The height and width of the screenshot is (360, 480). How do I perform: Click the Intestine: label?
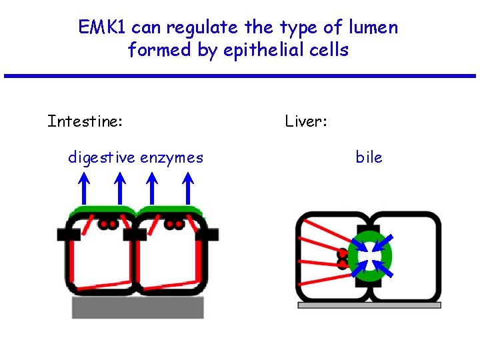[x=85, y=121]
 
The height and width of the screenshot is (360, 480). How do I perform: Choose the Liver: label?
[x=305, y=121]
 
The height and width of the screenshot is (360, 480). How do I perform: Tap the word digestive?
[x=102, y=157]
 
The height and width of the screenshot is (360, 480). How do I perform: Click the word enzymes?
[x=171, y=157]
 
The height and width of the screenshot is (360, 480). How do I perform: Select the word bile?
[x=369, y=157]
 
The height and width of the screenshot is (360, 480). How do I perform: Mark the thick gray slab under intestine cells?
[x=138, y=307]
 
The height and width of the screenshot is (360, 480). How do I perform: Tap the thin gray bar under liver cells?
[x=369, y=305]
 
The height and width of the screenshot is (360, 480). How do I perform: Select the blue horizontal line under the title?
[x=240, y=75]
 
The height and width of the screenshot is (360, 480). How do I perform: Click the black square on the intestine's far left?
[x=68, y=234]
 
